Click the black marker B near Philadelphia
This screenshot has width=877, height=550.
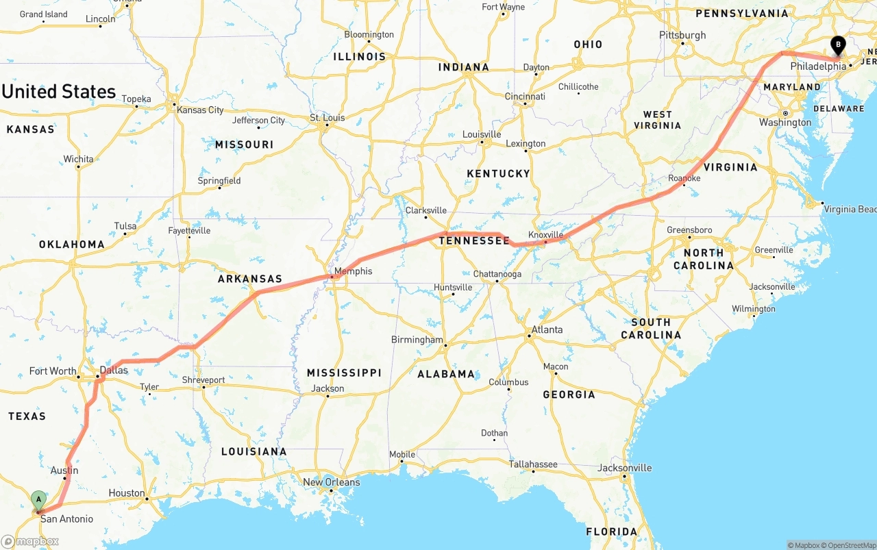click(837, 46)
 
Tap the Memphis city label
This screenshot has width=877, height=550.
click(354, 271)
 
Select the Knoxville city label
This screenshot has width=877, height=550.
click(545, 235)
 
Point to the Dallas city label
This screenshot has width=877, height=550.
click(114, 371)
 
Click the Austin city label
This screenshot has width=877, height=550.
click(64, 471)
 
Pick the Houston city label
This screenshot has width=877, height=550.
click(127, 493)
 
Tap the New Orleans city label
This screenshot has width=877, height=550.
click(331, 482)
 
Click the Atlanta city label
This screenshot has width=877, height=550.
click(547, 329)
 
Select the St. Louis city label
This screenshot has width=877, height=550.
click(328, 118)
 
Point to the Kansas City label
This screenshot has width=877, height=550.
click(200, 110)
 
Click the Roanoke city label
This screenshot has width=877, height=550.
click(684, 178)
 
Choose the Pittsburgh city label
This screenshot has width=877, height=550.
click(682, 35)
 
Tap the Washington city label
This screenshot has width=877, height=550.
click(785, 123)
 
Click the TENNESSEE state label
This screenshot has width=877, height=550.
click(474, 240)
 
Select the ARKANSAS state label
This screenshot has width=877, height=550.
click(250, 279)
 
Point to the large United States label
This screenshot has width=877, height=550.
click(59, 92)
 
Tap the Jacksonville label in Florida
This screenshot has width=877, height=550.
click(624, 468)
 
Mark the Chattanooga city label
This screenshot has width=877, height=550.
click(497, 274)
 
